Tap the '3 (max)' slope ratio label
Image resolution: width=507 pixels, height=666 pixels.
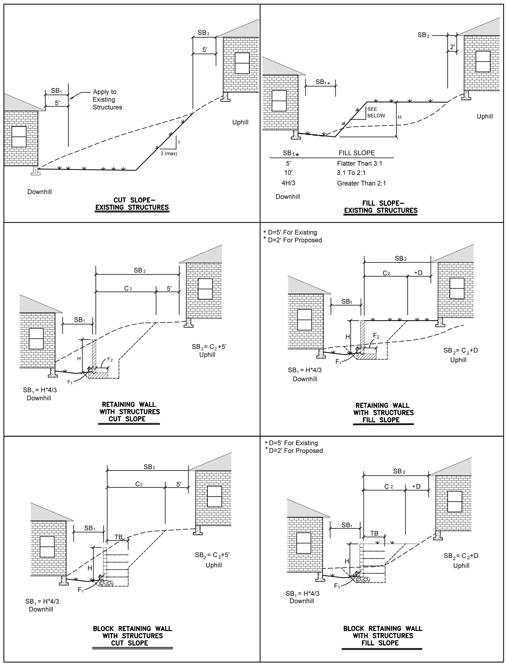(169, 154)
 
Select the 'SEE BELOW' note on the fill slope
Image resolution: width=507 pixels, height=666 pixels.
(376, 112)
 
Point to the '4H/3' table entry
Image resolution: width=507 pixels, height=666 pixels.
(288, 183)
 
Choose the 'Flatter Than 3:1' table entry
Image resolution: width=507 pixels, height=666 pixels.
(359, 164)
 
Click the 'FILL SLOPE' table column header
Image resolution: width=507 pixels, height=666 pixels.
(356, 153)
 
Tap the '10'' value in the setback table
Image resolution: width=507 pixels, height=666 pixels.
(288, 173)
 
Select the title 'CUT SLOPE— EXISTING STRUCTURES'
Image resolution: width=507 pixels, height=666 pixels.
(132, 204)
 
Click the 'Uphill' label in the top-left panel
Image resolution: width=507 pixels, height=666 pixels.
(240, 122)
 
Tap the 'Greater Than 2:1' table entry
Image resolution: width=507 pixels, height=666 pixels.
(361, 183)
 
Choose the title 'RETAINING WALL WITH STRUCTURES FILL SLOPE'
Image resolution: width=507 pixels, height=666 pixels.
(383, 413)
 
